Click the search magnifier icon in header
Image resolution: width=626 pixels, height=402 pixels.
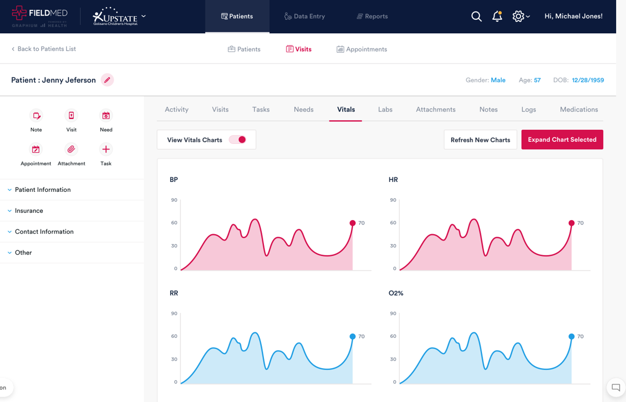476,17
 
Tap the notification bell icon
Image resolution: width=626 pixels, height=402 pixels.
497,17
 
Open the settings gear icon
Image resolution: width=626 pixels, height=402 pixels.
518,17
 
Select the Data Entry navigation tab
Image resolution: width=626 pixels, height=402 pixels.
305,17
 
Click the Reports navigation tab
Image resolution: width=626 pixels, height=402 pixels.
372,17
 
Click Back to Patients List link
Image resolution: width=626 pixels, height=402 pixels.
44,49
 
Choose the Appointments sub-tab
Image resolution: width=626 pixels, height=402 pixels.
362,50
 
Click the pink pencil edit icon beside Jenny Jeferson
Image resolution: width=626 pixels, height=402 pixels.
107,80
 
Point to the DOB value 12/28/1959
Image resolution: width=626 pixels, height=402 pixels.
588,80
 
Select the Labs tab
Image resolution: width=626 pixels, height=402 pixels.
385,109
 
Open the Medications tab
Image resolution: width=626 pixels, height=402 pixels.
579,109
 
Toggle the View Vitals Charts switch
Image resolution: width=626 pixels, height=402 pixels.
238,140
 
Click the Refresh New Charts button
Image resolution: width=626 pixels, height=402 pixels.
480,140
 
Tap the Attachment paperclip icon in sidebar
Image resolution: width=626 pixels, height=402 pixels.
71,150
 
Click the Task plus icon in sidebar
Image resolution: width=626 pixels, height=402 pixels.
106,150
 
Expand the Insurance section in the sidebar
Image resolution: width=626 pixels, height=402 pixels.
29,211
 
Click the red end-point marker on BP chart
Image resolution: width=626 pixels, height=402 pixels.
353,223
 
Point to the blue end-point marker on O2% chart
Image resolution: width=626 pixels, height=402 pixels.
572,337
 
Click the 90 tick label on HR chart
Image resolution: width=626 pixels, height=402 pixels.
393,200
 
